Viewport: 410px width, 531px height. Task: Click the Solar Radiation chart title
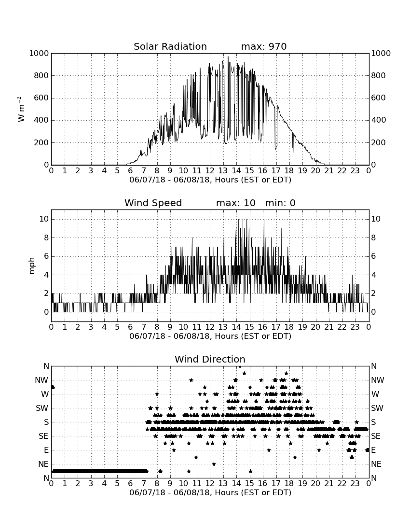click(x=170, y=46)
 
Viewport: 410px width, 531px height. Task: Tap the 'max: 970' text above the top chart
click(x=264, y=46)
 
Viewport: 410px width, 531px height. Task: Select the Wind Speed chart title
click(x=153, y=203)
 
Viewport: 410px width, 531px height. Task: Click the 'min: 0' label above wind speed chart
click(x=280, y=203)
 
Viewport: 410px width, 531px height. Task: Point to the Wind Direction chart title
click(x=210, y=359)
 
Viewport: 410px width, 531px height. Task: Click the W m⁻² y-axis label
click(x=21, y=109)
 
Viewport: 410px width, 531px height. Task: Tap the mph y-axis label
click(x=32, y=266)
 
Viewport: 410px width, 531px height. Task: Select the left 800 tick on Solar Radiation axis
click(x=41, y=75)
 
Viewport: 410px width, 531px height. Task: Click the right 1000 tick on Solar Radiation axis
click(x=381, y=53)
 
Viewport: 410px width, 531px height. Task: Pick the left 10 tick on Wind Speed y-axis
click(x=44, y=219)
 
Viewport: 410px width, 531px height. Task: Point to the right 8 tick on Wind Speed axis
click(x=373, y=238)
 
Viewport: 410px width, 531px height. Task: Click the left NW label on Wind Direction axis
click(x=41, y=380)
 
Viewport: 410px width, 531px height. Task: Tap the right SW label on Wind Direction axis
click(x=377, y=408)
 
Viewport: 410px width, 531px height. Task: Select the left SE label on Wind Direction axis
click(x=43, y=436)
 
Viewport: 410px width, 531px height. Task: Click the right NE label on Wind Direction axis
click(x=376, y=464)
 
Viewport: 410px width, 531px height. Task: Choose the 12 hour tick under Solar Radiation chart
click(x=210, y=171)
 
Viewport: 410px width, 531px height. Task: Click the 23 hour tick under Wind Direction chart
click(x=355, y=484)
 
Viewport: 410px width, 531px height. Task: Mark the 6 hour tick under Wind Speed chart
click(x=131, y=327)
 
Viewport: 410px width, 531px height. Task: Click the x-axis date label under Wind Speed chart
click(x=210, y=336)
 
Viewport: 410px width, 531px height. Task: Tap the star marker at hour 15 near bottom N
click(x=250, y=471)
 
